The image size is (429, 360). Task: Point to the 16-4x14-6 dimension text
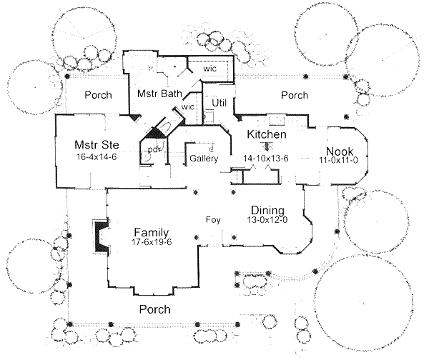(96, 156)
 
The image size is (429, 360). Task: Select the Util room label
(220, 104)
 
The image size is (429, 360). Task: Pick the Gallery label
(202, 158)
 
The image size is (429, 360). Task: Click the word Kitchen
(267, 134)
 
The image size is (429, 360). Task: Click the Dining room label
(268, 210)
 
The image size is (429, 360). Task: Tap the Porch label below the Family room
(154, 309)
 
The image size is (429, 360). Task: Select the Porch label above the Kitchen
(294, 95)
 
